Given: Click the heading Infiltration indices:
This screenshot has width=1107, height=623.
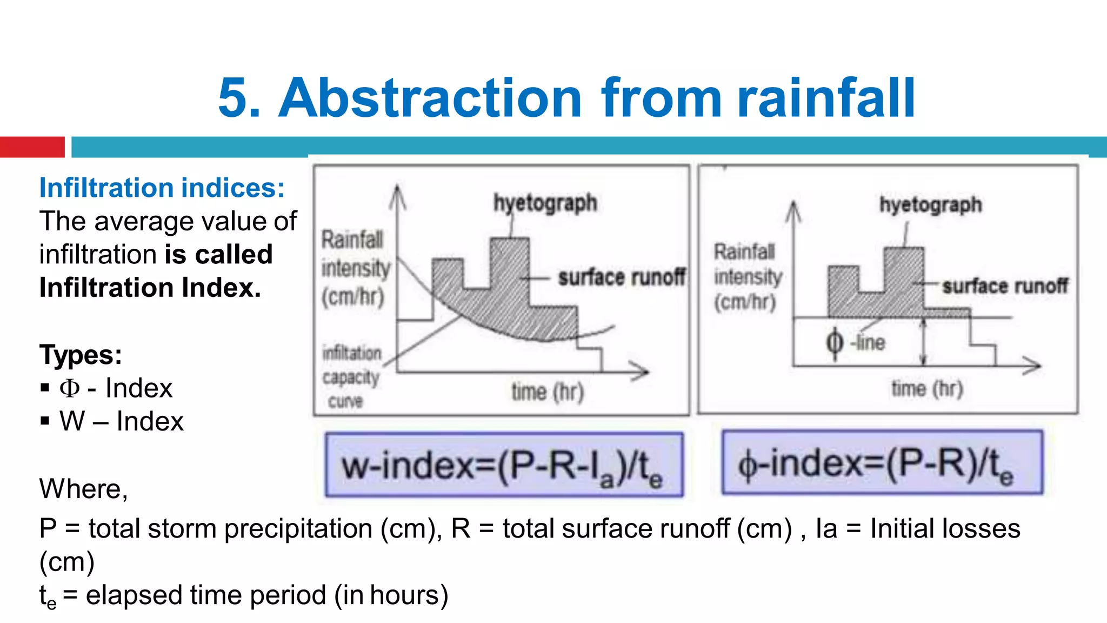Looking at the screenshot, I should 162,188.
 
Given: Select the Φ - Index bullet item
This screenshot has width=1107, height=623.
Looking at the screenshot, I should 116,388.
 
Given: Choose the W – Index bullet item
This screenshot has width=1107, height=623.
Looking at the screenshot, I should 121,421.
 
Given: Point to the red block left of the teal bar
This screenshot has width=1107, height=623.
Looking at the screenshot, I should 32,147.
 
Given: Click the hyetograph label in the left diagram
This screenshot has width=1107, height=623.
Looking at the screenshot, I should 545,203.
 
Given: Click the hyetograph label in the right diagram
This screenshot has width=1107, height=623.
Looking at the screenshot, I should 930,205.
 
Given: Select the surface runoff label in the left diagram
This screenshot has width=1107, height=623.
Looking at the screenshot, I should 622,277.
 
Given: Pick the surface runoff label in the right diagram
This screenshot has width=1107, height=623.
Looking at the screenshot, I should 1005,286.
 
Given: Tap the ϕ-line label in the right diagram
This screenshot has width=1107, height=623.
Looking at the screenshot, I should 856,342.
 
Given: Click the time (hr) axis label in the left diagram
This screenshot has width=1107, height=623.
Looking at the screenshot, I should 548,391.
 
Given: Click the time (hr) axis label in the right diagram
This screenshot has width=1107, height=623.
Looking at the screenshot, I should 927,388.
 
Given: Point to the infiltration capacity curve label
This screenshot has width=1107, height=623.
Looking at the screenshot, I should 351,376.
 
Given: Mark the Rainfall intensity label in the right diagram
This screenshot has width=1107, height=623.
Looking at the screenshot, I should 748,276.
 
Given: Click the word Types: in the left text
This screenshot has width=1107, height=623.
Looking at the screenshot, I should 81,355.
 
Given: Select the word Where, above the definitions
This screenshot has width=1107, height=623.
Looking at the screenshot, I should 83,489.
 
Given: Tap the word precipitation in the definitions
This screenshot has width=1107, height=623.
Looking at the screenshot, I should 298,528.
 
